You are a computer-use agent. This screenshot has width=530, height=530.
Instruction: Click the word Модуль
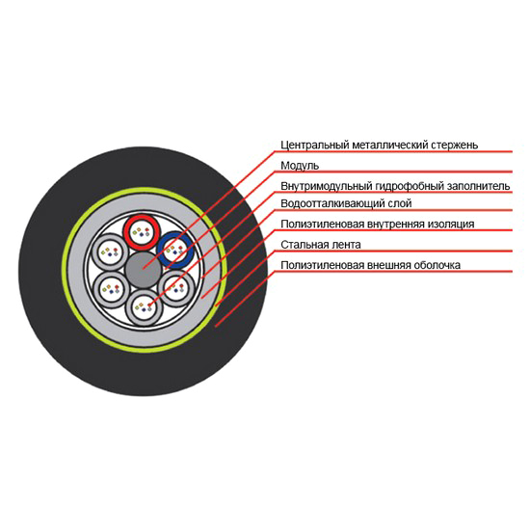coord(300,166)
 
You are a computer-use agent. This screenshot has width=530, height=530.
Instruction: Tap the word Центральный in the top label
coord(315,146)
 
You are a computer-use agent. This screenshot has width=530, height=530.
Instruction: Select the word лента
coord(347,245)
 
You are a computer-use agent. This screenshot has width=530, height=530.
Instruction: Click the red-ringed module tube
coord(142,232)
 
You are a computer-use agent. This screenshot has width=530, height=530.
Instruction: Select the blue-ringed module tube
coord(175,251)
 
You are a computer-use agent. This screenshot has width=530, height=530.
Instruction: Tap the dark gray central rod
coord(144,270)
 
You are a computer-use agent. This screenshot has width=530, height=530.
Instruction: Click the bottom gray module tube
coord(145,308)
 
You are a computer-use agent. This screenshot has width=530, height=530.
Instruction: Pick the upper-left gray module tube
coord(110,252)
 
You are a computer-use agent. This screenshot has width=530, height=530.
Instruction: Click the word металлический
coord(389,146)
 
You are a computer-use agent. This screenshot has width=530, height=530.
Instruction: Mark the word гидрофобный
coord(411,186)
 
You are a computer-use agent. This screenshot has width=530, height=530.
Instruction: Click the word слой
coord(402,204)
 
